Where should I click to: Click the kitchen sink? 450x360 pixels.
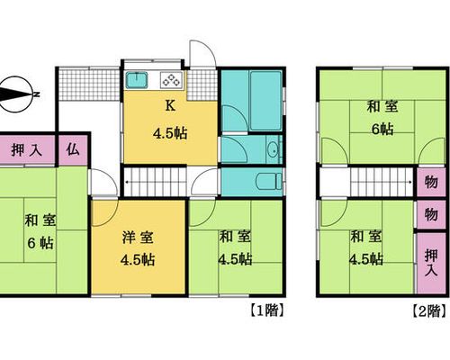tap(137, 80)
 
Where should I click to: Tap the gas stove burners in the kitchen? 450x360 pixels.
tap(171, 80)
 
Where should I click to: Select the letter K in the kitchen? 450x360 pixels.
tap(170, 106)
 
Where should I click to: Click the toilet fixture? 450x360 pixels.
tap(268, 181)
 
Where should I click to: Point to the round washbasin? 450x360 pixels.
tap(273, 149)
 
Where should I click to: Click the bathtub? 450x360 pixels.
tap(265, 101)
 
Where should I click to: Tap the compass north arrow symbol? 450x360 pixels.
tap(16, 94)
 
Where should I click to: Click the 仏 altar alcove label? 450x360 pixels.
tap(73, 149)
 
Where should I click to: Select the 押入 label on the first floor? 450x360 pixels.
tap(26, 150)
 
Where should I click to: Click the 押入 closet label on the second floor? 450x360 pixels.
tap(431, 263)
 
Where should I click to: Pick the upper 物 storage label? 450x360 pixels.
tap(431, 182)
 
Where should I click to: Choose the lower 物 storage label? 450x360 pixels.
tap(431, 214)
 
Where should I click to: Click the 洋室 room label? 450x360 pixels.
tap(138, 238)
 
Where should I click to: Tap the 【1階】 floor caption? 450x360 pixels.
tap(266, 310)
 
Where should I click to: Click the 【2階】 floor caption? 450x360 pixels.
tap(429, 310)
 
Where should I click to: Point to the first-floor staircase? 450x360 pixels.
tap(155, 182)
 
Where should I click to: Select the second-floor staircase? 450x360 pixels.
tap(382, 182)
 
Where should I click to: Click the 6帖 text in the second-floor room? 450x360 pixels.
tap(382, 130)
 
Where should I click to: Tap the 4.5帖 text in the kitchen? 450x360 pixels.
tap(170, 133)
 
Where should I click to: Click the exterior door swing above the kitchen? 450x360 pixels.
tap(202, 53)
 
